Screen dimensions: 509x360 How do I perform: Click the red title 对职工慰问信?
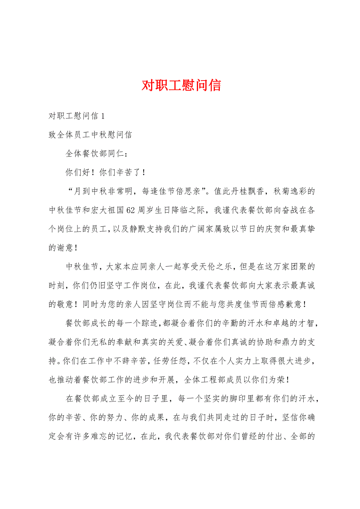coord(181,85)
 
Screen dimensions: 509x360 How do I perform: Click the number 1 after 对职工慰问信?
coord(103,116)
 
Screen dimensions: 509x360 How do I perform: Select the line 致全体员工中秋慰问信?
coord(90,135)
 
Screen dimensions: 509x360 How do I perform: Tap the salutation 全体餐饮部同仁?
coord(94,154)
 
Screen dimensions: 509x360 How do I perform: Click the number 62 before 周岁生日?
coord(131,210)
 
